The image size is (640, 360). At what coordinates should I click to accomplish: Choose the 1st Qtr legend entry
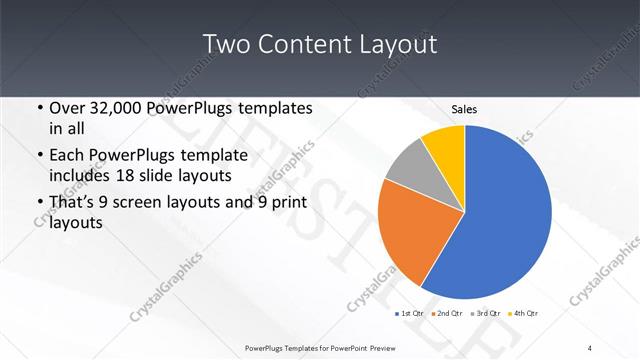point(410,314)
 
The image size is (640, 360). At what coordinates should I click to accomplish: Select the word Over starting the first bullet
point(67,108)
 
